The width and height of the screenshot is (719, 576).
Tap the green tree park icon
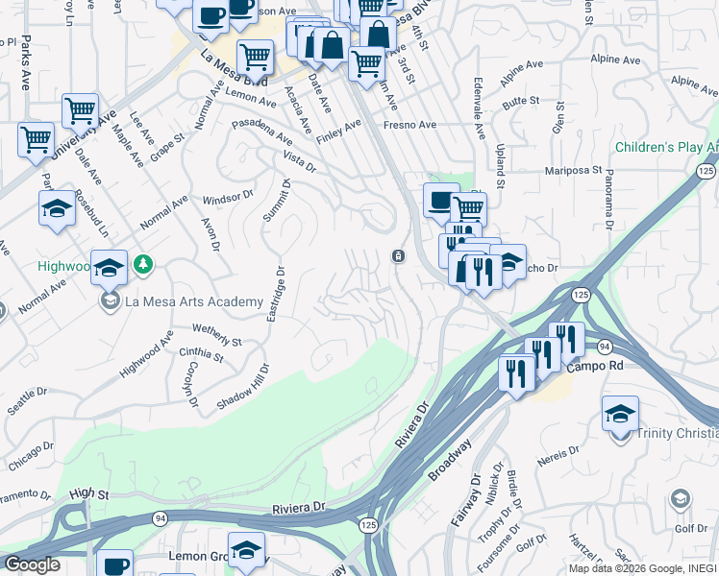[142, 263]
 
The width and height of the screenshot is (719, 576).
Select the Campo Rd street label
[595, 368]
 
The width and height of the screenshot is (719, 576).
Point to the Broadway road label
[451, 460]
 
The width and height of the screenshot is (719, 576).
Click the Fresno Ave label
[409, 125]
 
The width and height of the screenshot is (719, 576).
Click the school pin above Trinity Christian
[620, 414]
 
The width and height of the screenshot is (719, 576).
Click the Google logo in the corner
[32, 564]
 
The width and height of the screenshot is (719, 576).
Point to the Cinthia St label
[201, 356]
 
